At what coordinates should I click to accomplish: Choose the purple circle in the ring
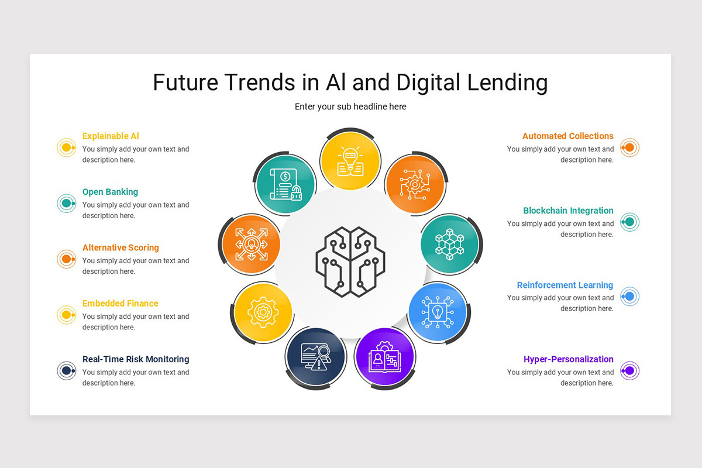click(x=384, y=357)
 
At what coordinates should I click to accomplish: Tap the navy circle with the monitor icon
click(x=315, y=357)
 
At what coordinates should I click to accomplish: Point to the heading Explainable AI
click(x=111, y=136)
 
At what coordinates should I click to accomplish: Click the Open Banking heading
click(x=110, y=192)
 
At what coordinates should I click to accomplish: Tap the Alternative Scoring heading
click(x=121, y=247)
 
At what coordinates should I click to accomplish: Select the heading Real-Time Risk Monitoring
click(x=136, y=359)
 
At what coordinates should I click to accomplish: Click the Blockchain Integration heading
click(x=568, y=211)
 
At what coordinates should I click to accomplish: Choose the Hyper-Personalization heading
click(x=568, y=359)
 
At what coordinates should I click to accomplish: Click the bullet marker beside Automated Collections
click(x=629, y=147)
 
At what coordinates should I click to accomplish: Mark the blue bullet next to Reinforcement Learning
click(x=629, y=297)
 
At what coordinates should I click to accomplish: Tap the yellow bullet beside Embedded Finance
click(x=67, y=315)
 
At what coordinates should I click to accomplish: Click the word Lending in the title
click(x=507, y=82)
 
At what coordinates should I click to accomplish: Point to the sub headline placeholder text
click(x=350, y=106)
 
